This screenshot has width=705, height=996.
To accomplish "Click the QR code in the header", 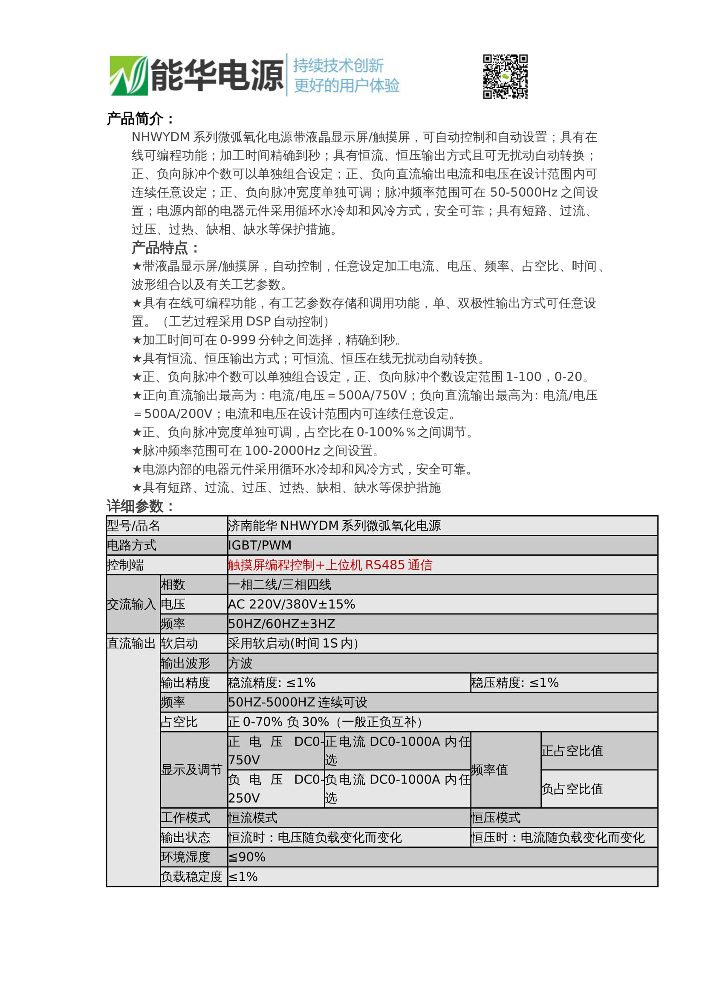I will tap(506, 76).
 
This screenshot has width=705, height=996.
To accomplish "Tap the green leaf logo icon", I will tap(128, 75).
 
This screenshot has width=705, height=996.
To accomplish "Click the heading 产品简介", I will tap(140, 118).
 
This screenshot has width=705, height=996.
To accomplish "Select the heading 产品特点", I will tap(165, 248).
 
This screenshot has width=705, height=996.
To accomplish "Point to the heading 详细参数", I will tap(140, 506).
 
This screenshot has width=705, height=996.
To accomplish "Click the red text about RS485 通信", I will tap(330, 565).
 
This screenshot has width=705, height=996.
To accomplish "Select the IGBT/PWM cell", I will tap(260, 545).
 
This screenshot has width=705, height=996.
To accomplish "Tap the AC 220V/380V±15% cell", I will tap(291, 604).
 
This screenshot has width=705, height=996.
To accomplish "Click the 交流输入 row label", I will tap(131, 604).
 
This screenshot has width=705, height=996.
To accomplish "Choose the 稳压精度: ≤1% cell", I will tap(514, 682).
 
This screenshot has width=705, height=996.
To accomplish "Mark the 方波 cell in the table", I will tap(240, 663).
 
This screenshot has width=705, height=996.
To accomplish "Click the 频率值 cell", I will tap(489, 769).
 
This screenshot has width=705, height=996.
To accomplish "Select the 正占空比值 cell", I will tap(572, 750).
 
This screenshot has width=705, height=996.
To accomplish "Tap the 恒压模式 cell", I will tap(496, 817).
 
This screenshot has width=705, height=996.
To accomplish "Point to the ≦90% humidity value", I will tap(246, 857).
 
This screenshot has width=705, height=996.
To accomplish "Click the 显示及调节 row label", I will tap(191, 769).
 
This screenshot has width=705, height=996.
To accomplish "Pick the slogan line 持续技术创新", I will tap(338, 66).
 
